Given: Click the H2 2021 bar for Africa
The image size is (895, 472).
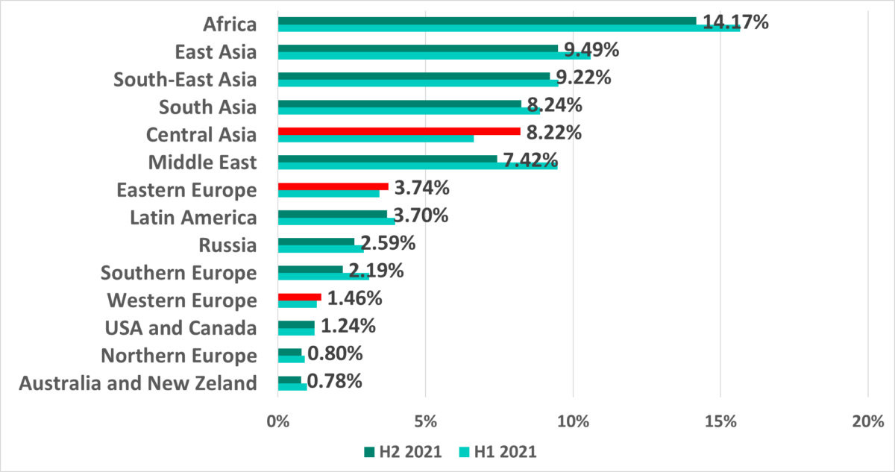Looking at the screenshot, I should pos(485,21).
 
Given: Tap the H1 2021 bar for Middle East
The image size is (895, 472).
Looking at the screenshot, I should pos(418,166).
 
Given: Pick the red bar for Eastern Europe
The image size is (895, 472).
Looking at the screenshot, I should pos(333,186).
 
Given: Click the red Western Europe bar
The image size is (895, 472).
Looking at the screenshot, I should pos(299,297).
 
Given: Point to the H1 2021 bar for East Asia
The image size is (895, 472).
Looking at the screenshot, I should pos(433,55).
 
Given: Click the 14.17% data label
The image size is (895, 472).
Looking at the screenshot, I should pos(735,22).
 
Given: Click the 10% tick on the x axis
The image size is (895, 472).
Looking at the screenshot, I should pos(573,421).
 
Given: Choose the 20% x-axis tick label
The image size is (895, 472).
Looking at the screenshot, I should pos(867,421).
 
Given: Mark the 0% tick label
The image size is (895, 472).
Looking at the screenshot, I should pos(277,421).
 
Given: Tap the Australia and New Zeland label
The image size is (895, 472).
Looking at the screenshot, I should pos(138,384).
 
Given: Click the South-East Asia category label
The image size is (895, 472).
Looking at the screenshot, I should pos(184,80).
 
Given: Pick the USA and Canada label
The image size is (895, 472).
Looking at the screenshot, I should pos(179,328).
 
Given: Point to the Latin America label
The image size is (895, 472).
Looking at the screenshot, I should pos(193,218).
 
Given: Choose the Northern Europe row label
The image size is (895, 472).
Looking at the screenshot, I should pos(179,356).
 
